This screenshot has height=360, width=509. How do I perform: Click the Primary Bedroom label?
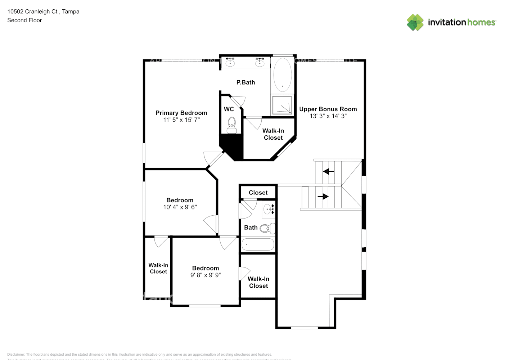[181, 113]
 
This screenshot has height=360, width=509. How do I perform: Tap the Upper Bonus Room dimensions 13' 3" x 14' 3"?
[328, 116]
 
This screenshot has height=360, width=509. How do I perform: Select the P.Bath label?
[246, 82]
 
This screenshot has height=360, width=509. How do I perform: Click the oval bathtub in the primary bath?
[283, 75]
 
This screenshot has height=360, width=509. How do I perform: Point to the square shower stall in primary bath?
[283, 105]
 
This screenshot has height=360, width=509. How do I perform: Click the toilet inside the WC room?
[231, 124]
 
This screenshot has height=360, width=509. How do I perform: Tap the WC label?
[229, 109]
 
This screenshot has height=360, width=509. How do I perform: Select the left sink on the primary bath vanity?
[230, 63]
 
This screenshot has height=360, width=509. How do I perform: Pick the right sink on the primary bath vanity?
[260, 63]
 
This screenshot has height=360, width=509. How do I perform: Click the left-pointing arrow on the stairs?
[328, 172]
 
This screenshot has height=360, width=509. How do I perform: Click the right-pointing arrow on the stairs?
[323, 197]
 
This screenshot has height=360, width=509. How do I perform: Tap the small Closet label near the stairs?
[258, 193]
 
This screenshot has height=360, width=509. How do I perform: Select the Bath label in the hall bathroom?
[251, 228]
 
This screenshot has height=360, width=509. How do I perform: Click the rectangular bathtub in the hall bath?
[258, 244]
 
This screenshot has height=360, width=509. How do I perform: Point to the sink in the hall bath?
[269, 209]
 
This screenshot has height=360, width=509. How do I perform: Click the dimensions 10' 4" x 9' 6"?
[180, 207]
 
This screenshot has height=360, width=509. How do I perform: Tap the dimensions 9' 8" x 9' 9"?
[206, 275]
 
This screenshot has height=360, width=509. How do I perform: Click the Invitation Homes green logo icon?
[415, 22]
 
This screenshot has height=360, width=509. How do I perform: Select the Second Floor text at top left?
[24, 20]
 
